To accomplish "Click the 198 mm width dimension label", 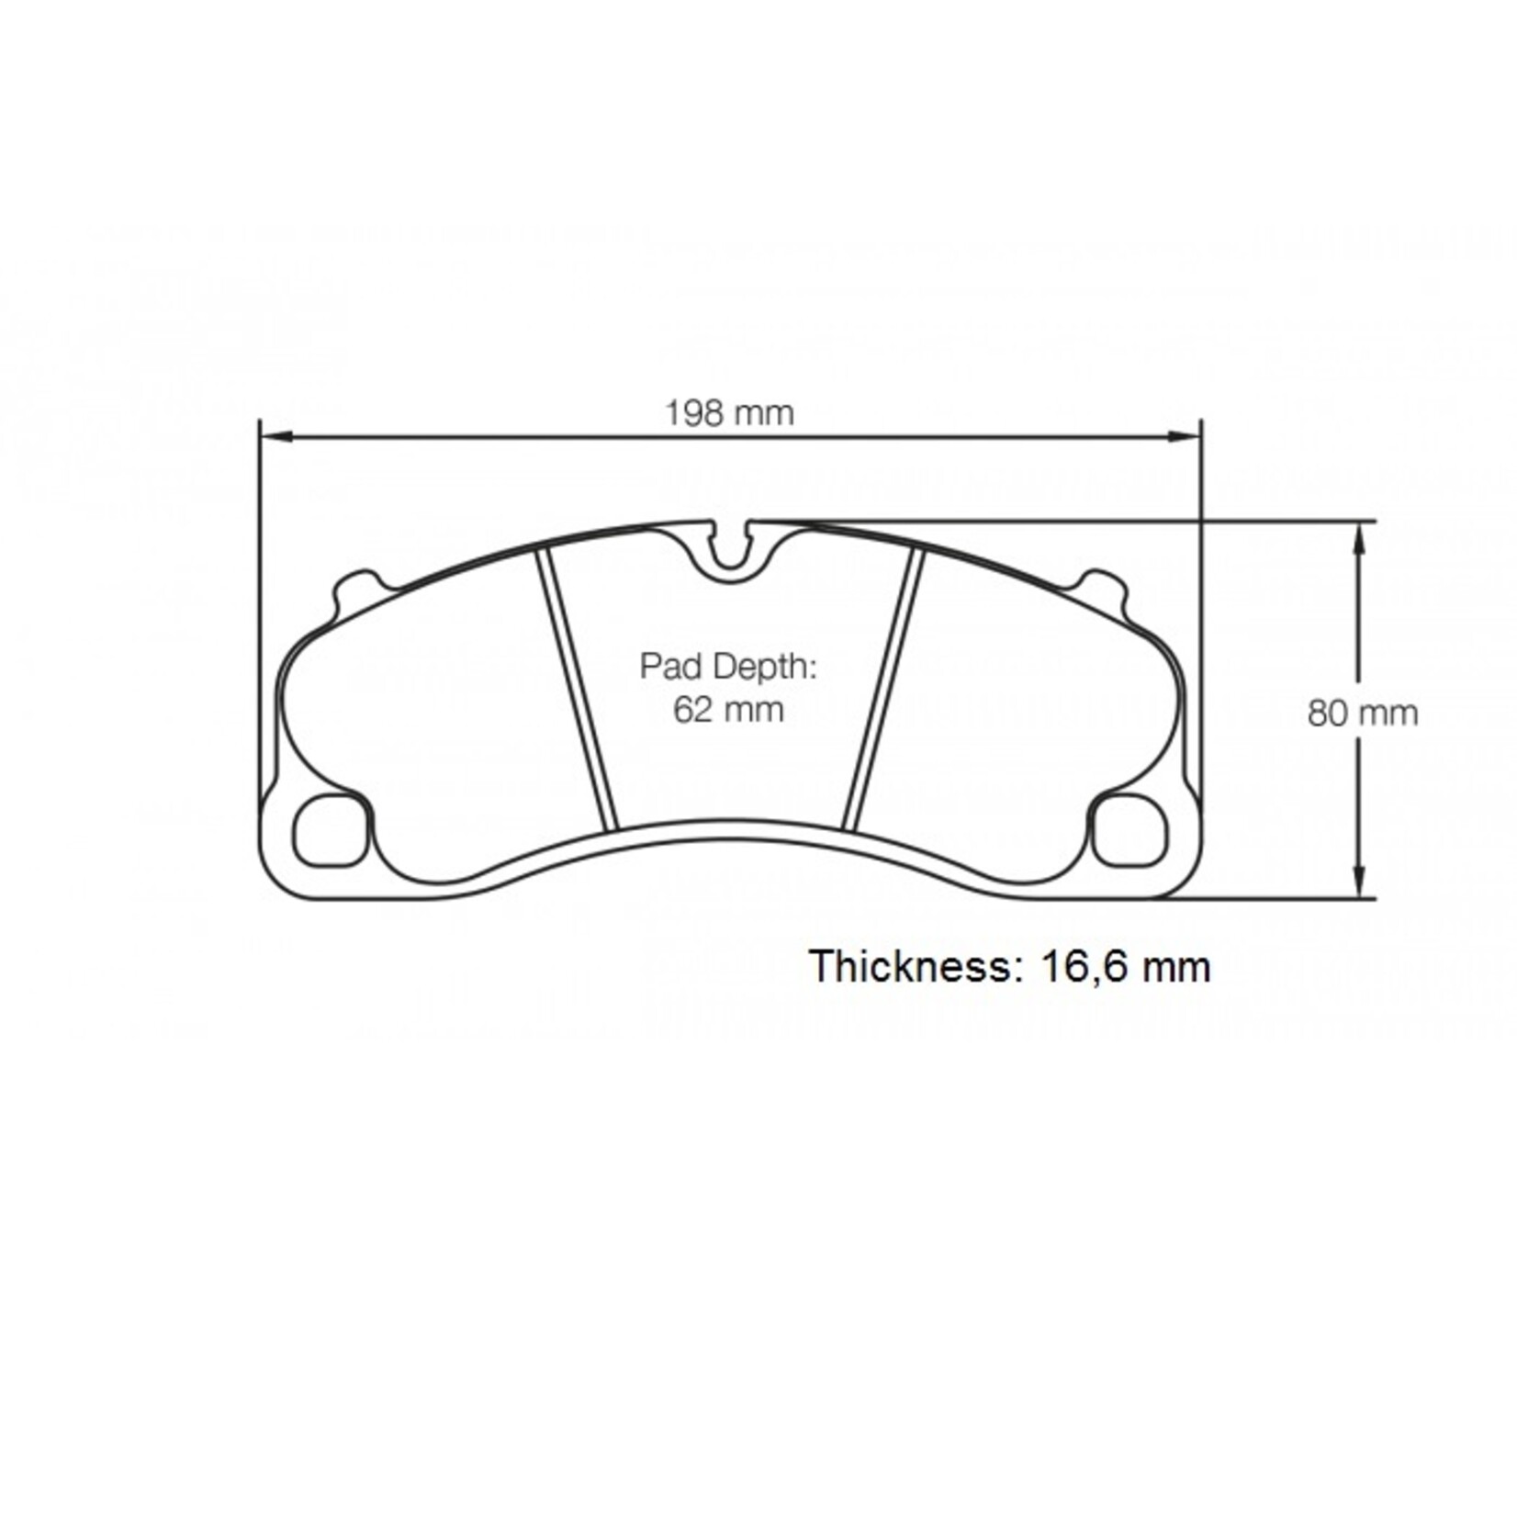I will pyautogui.click(x=729, y=413).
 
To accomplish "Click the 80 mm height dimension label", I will pyautogui.click(x=1362, y=713).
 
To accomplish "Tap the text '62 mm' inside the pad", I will pyautogui.click(x=728, y=710).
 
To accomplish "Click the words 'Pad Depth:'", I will pyautogui.click(x=727, y=666).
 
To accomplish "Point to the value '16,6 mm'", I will pyautogui.click(x=1126, y=967).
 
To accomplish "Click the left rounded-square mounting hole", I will pyautogui.click(x=331, y=831).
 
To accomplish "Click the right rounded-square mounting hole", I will pyautogui.click(x=1130, y=831).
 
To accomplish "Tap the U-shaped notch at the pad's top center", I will pyautogui.click(x=732, y=555).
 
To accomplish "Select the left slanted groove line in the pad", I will pyautogui.click(x=577, y=689).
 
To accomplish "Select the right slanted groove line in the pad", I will pyautogui.click(x=882, y=689).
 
